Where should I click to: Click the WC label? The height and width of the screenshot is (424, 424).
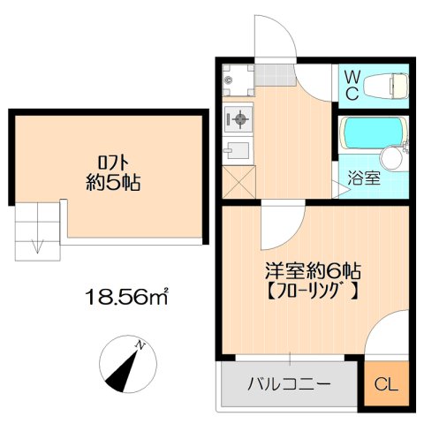click(x=351, y=84)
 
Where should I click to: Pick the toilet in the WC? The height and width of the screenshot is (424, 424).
click(x=387, y=84)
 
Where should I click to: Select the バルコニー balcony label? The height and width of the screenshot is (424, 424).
click(x=289, y=384)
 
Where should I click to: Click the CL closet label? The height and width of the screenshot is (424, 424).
click(x=386, y=384)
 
